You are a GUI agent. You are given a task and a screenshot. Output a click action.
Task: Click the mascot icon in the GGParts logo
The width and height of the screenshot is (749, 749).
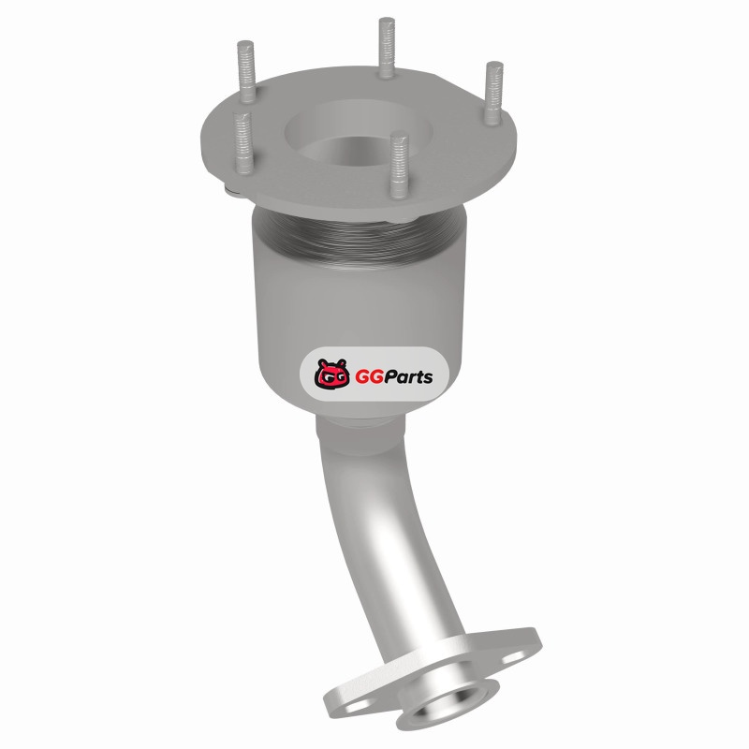tap(332, 374)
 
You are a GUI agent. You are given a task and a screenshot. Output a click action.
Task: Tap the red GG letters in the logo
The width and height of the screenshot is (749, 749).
tap(369, 377)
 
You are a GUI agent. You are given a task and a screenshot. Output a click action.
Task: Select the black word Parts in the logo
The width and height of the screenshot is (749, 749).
tap(408, 377)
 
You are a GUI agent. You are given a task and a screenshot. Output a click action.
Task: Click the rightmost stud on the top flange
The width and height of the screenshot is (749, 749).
tap(493, 93)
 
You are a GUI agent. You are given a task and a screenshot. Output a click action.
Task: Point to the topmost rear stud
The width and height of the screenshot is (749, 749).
tap(387, 48)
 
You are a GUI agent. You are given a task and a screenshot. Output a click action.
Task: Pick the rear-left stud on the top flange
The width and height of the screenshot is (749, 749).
tap(246, 72)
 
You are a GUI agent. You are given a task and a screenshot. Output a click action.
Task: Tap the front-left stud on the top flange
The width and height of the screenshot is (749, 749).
tap(243, 142)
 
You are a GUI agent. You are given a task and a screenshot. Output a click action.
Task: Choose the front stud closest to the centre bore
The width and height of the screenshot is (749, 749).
tap(399, 166)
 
